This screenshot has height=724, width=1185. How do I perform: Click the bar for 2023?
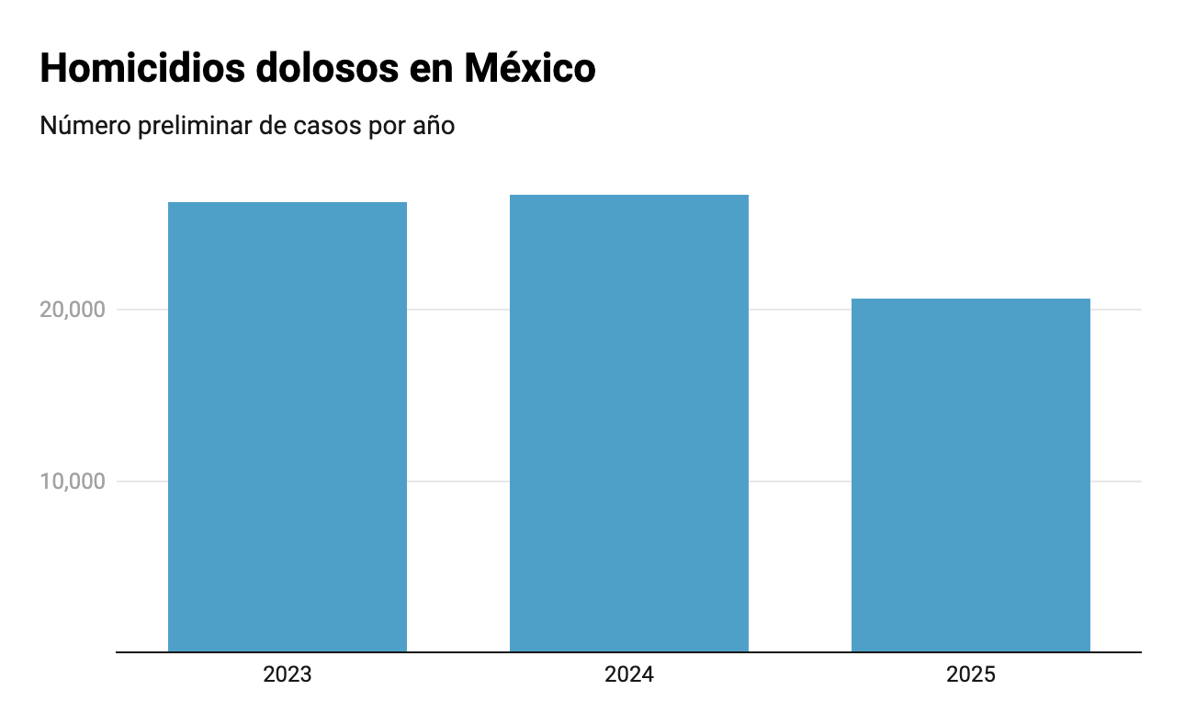point(288,427)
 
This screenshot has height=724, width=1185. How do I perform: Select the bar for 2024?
point(629,424)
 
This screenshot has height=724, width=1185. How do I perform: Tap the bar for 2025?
point(971,475)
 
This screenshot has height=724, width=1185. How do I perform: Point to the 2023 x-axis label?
point(288,675)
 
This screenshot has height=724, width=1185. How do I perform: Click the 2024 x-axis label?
point(629,675)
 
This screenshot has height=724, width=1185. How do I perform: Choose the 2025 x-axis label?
point(971,675)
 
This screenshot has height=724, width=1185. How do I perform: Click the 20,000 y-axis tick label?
point(73,310)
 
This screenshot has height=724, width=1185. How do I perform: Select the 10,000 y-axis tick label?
point(73,481)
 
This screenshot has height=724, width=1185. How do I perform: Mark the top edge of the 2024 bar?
point(629,196)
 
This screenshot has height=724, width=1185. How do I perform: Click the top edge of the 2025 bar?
point(971,300)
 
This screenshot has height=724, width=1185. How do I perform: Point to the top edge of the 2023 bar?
point(288,203)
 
